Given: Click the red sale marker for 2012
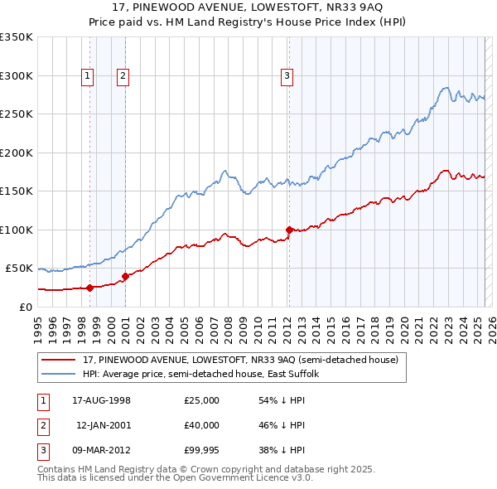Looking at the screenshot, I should pyautogui.click(x=289, y=230).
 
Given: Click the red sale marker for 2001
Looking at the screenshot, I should pyautogui.click(x=125, y=276).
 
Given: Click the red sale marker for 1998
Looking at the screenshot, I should pyautogui.click(x=89, y=288).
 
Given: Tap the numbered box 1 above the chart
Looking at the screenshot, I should pyautogui.click(x=87, y=76).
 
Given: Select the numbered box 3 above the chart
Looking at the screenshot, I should pyautogui.click(x=287, y=76).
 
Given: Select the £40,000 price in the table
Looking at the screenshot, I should pyautogui.click(x=201, y=425).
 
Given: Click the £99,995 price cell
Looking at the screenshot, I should pyautogui.click(x=201, y=450).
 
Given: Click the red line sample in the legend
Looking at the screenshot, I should pyautogui.click(x=58, y=360).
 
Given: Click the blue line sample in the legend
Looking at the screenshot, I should pyautogui.click(x=58, y=374).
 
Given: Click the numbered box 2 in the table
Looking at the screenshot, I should pyautogui.click(x=41, y=425).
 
